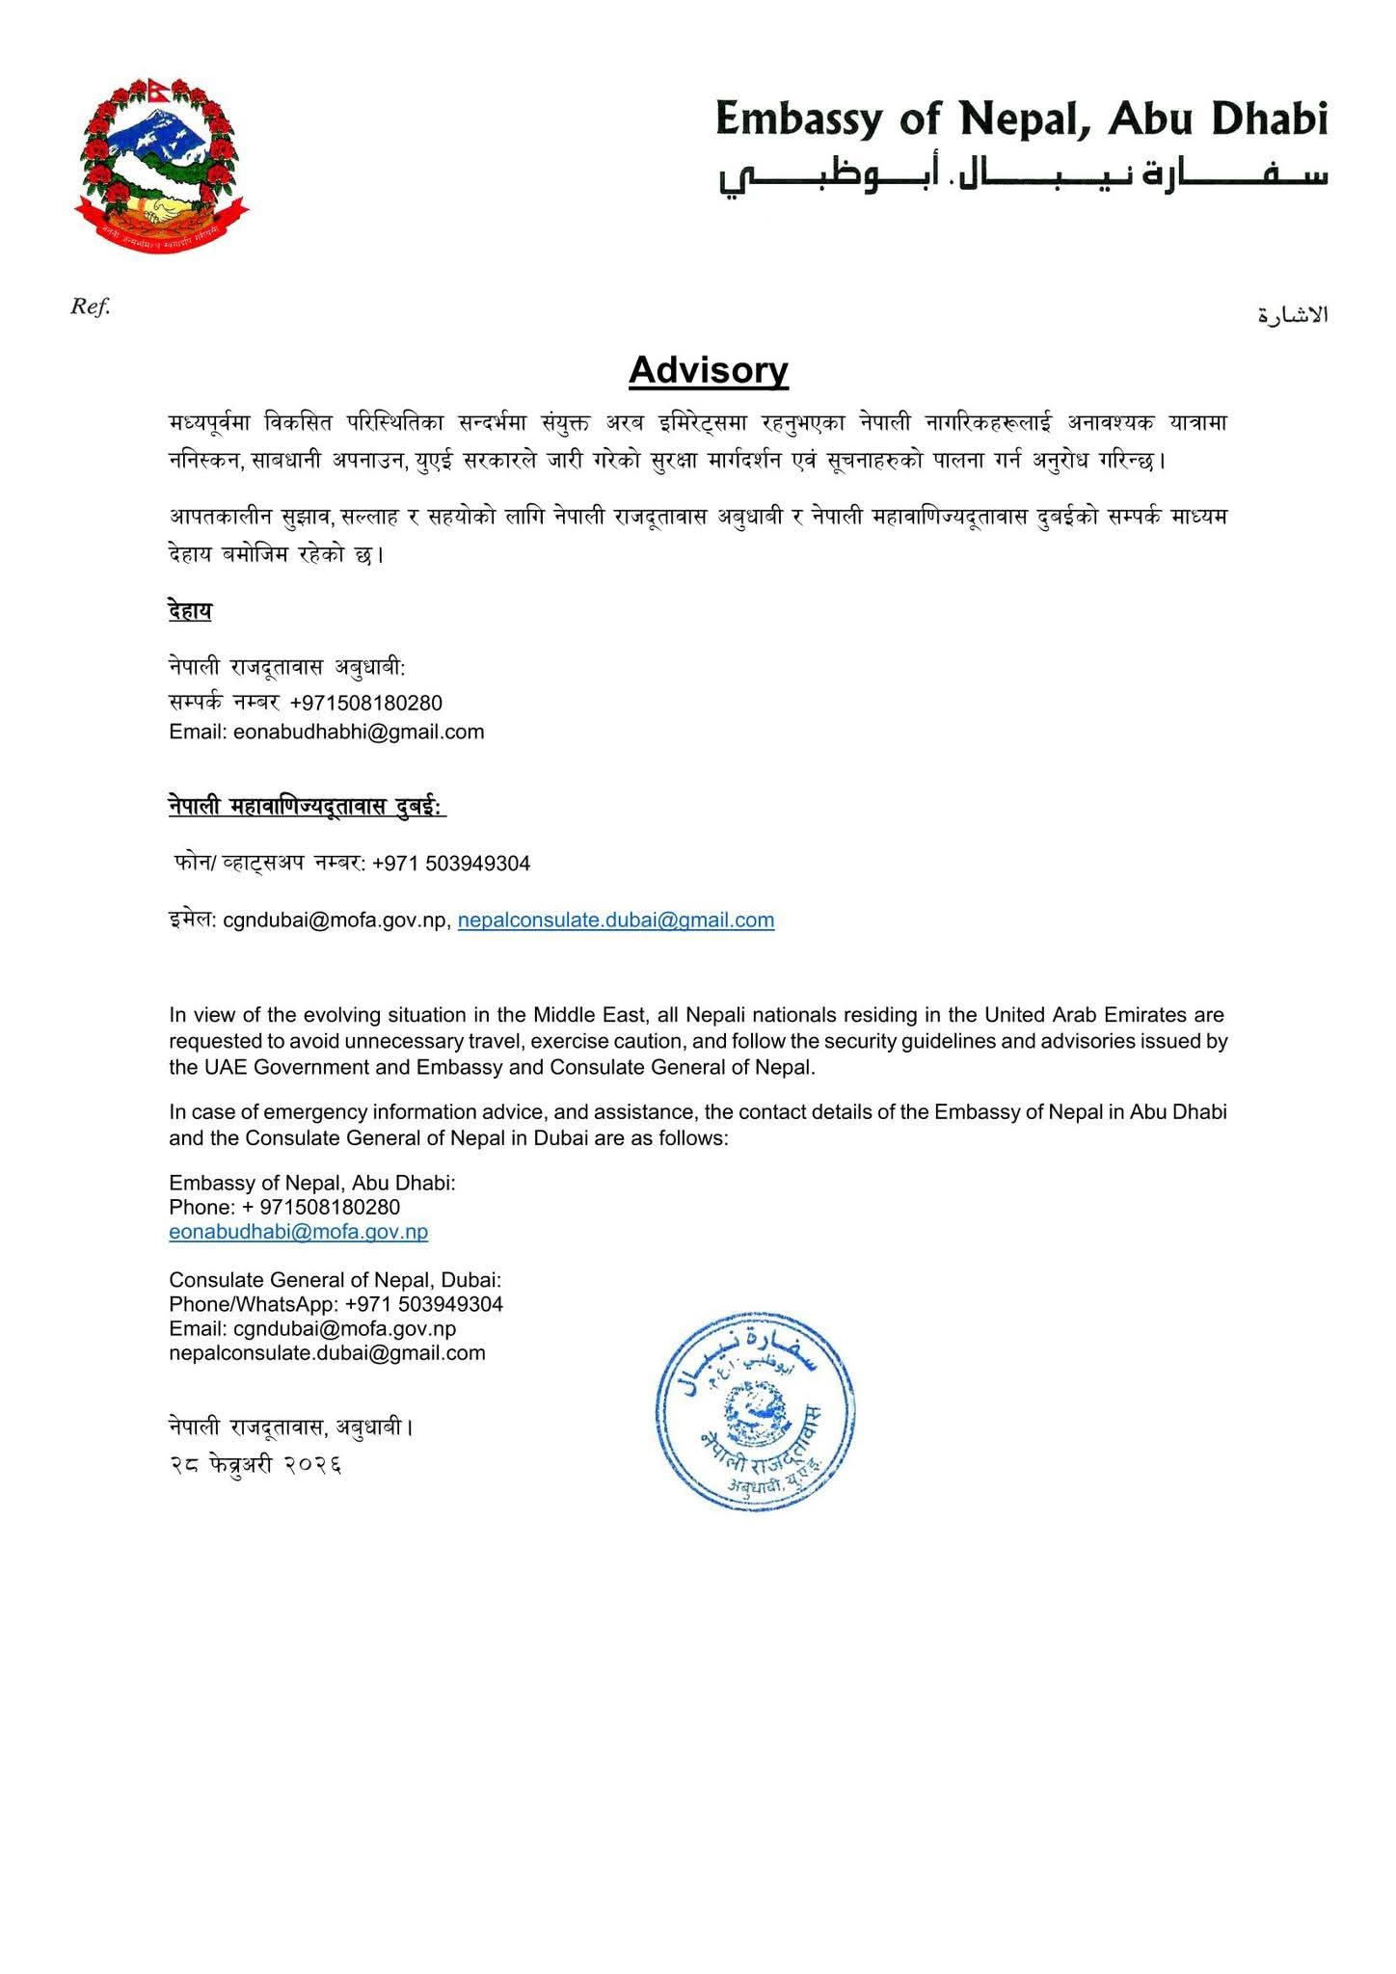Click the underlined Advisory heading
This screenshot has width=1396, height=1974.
tap(709, 370)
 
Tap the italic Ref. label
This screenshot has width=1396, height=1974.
tap(91, 307)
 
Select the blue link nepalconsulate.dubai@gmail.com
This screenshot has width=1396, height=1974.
tap(616, 920)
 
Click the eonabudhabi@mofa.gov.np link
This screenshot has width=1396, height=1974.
tap(298, 1232)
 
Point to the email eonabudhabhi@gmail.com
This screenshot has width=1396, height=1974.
tap(359, 733)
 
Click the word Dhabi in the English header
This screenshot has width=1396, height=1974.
tap(1268, 119)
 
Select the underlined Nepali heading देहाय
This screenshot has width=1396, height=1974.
tap(189, 611)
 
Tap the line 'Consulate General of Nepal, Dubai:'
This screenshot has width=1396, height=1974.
tap(335, 1280)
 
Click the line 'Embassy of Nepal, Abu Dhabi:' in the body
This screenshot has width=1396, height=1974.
tap(311, 1183)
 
